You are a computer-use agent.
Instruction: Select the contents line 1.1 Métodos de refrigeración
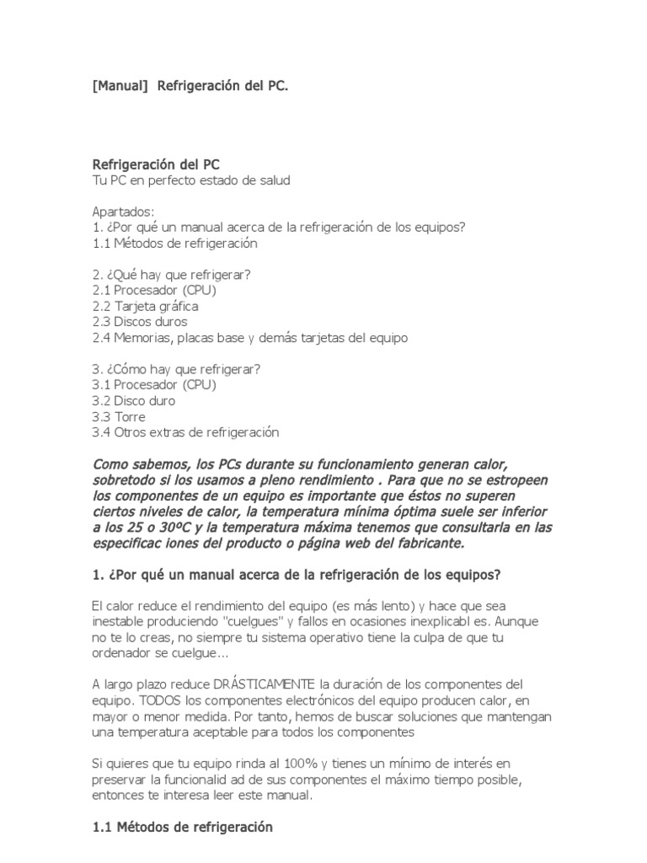174,243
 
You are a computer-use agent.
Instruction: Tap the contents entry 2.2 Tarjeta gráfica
145,306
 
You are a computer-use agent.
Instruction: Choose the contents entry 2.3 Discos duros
140,322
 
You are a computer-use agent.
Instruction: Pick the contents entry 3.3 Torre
119,416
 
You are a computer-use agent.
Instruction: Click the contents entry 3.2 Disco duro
134,400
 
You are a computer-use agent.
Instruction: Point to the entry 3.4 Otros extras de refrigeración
185,432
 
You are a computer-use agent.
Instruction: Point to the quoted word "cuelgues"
249,622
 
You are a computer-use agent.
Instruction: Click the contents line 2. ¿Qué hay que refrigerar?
171,275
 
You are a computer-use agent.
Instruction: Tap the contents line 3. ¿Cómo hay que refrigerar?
176,369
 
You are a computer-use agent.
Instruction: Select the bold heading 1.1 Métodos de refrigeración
183,828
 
